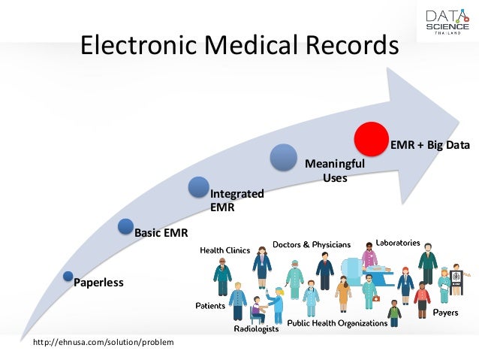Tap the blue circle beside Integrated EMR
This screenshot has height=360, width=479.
pyautogui.click(x=199, y=188)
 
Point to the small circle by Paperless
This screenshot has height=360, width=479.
pyautogui.click(x=68, y=277)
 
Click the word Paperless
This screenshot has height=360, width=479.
pyautogui.click(x=98, y=283)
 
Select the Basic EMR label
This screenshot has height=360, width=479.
pyautogui.click(x=161, y=231)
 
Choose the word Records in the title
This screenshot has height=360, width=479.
pyautogui.click(x=349, y=46)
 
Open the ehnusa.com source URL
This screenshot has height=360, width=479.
pyautogui.click(x=104, y=343)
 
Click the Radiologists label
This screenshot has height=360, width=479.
pyautogui.click(x=257, y=329)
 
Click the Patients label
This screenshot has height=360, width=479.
pyautogui.click(x=211, y=306)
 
